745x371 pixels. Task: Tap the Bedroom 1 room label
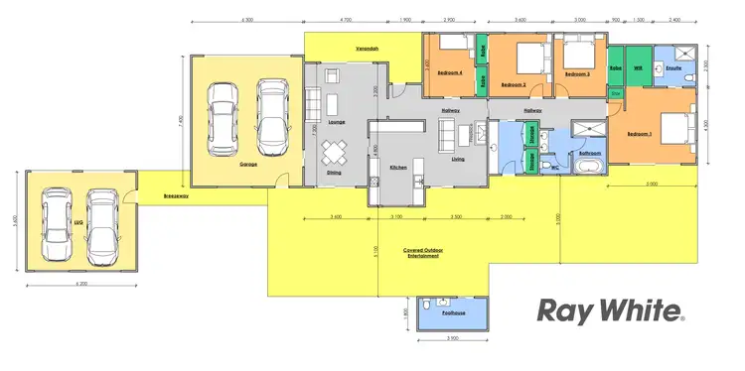(638, 134)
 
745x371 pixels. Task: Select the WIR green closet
(637, 68)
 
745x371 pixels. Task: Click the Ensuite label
(671, 68)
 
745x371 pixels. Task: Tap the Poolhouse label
(455, 311)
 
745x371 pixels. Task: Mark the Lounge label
(336, 122)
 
